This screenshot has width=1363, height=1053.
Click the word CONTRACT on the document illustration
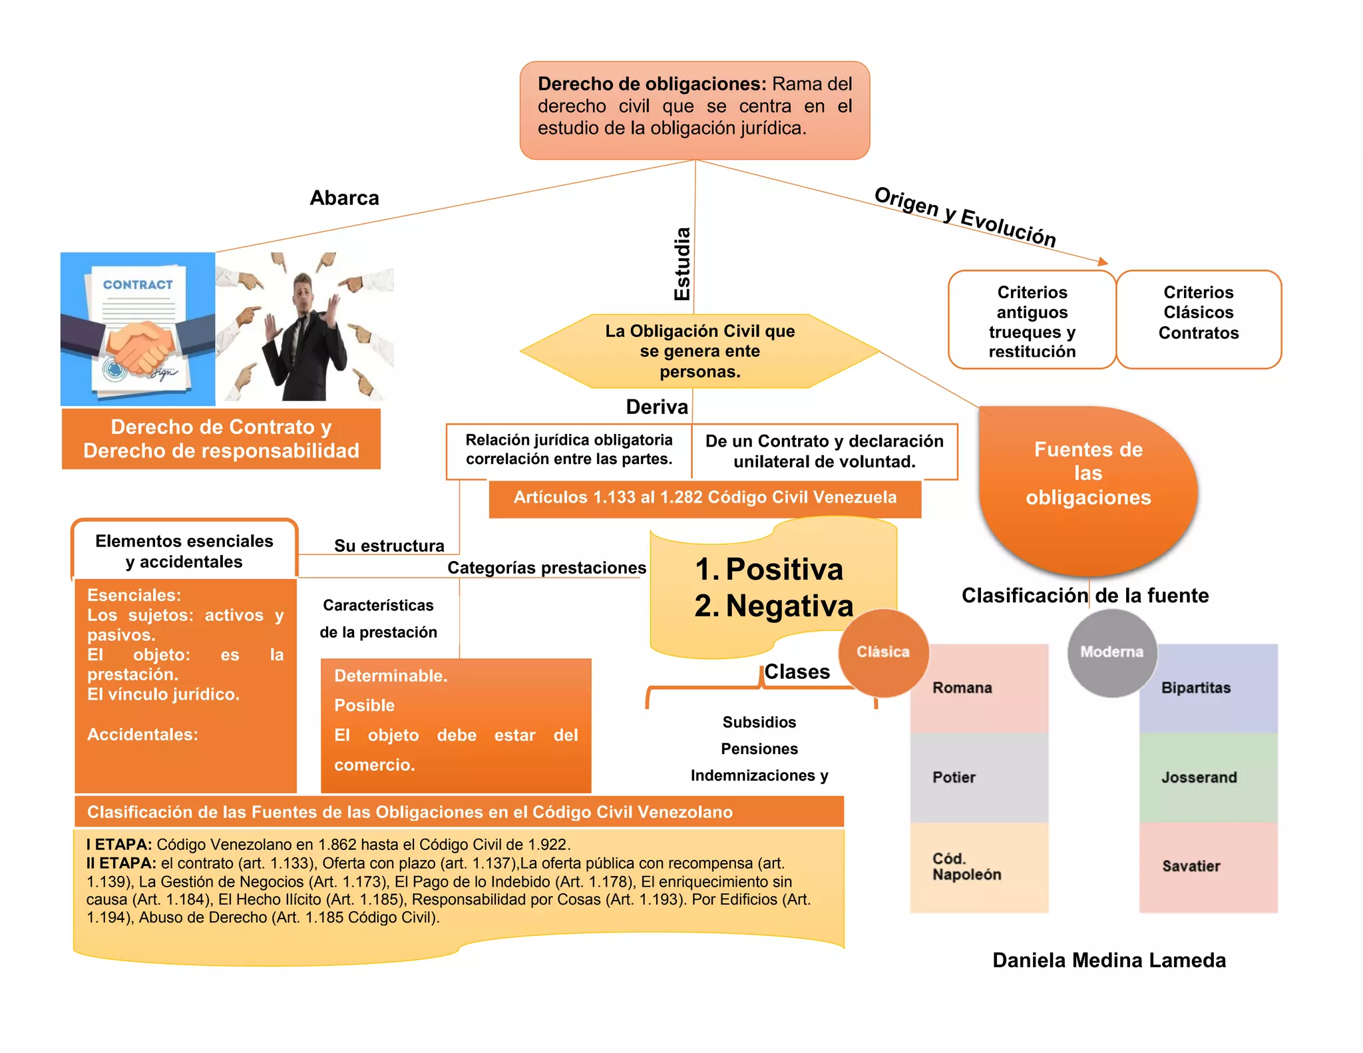[138, 285]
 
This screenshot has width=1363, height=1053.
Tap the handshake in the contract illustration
[140, 343]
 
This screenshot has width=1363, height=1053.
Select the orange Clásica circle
[883, 652]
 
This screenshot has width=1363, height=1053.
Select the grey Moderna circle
[1112, 652]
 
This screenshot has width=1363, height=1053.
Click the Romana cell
[979, 688]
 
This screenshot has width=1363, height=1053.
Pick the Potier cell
[979, 777]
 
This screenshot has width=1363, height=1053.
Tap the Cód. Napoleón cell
[979, 867]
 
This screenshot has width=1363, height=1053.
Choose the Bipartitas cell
[1209, 688]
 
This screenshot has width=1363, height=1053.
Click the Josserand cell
[1209, 777]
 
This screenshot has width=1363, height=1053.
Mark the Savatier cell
[1209, 867]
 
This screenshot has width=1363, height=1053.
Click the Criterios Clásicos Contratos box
[1199, 319]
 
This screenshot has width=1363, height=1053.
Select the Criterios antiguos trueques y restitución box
[1032, 319]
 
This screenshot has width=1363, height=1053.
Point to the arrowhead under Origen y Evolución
[1103, 262]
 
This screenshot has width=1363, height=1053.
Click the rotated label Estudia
[682, 264]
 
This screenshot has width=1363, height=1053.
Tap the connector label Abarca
[345, 198]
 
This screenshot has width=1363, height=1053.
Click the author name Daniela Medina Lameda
[1109, 960]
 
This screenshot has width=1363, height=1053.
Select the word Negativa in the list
[789, 606]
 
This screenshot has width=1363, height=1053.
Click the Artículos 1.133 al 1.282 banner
[705, 499]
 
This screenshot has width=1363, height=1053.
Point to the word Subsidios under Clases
[759, 722]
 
